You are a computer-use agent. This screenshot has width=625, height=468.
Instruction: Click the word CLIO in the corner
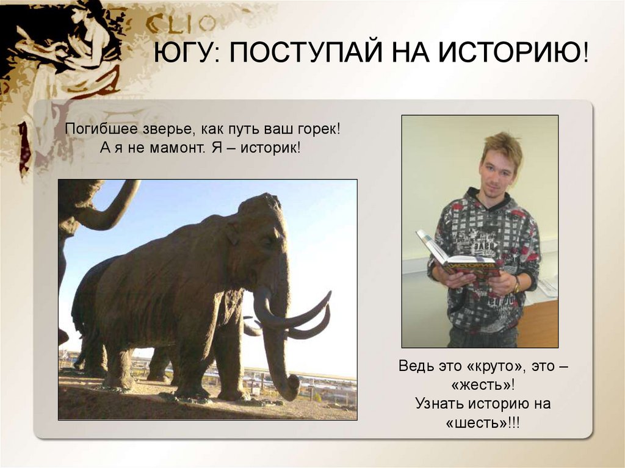point(180,24)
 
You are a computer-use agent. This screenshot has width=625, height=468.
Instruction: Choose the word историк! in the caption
point(271,148)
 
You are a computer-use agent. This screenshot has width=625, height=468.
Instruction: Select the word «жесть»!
point(483,384)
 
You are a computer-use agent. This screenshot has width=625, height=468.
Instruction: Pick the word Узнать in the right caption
point(439,403)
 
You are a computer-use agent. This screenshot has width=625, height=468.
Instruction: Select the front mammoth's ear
point(233,235)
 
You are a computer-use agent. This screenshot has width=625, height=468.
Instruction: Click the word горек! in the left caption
point(319,129)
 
